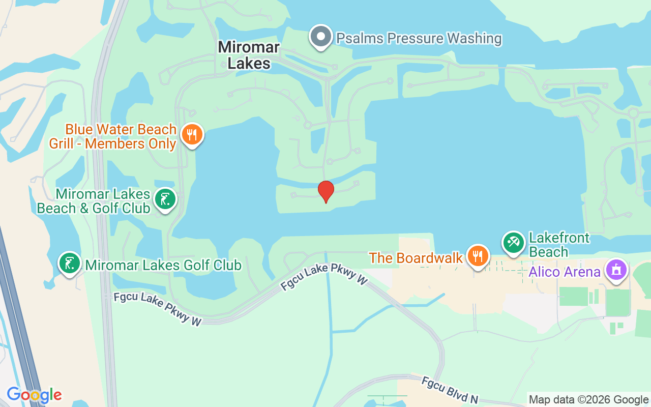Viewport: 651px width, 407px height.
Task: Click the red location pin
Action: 326,191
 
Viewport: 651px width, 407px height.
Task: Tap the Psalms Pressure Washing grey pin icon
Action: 321,37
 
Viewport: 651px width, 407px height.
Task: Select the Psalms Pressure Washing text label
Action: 419,38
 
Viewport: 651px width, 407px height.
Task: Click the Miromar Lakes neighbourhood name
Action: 249,55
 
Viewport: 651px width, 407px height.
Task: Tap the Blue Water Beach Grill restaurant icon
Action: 192,135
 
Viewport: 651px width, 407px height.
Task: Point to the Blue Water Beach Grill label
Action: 113,136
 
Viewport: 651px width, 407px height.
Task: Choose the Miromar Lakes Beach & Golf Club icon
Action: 165,199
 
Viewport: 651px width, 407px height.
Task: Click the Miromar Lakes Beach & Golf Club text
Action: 94,201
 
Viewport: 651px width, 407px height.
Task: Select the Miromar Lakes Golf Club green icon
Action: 70,264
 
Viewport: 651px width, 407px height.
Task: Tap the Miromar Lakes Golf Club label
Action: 163,265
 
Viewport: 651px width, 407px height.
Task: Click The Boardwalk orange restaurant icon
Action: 477,256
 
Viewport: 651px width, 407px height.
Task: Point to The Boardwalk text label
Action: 416,258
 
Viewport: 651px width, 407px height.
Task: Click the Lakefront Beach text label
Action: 559,245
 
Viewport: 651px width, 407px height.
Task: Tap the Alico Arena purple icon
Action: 616,270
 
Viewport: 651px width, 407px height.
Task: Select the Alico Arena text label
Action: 565,272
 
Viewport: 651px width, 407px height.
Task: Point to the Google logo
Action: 34,395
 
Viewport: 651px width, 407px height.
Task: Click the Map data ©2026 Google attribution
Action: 588,399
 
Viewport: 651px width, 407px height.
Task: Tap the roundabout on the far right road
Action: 633,113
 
